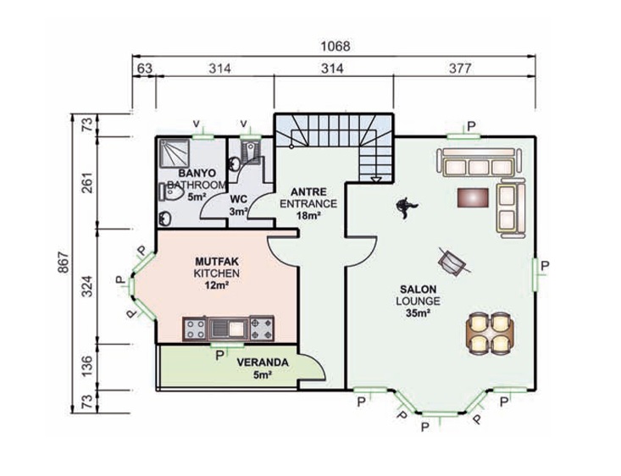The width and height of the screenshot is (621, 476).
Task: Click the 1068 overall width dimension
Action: [x=335, y=47]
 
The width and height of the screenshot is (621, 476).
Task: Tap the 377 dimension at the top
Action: [x=460, y=69]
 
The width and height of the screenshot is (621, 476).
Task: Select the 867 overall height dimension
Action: [x=64, y=263]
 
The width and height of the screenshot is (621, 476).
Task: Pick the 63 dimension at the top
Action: [x=145, y=69]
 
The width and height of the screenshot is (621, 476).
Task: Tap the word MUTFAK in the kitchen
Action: [x=217, y=262]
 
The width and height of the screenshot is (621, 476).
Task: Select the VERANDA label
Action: [x=263, y=363]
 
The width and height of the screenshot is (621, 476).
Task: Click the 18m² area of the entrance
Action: [x=308, y=215]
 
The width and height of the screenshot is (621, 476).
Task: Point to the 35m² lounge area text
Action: [x=418, y=313]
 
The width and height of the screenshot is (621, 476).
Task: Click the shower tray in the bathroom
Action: [x=174, y=153]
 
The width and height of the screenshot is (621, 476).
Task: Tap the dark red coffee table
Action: [x=473, y=197]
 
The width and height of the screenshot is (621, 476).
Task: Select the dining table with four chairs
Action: [x=490, y=333]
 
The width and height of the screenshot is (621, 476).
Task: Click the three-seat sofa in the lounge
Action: [x=480, y=163]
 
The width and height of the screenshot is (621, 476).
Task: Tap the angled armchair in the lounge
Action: [x=452, y=262]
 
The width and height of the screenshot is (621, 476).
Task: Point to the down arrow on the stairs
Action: [x=376, y=180]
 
